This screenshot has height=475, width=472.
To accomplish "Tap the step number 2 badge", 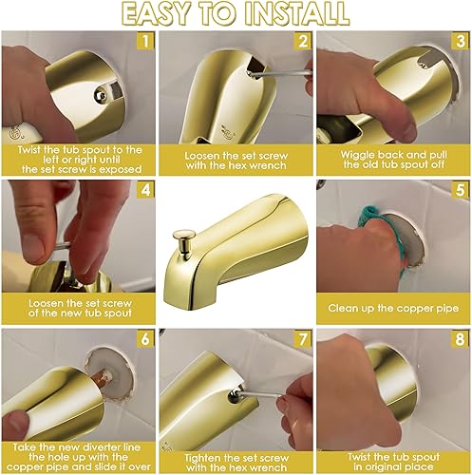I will coord(302,41).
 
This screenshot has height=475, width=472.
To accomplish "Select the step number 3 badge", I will coord(460,41).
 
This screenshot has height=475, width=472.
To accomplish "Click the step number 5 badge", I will coord(460,190).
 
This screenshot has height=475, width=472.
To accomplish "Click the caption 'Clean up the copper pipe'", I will coord(393,308).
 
